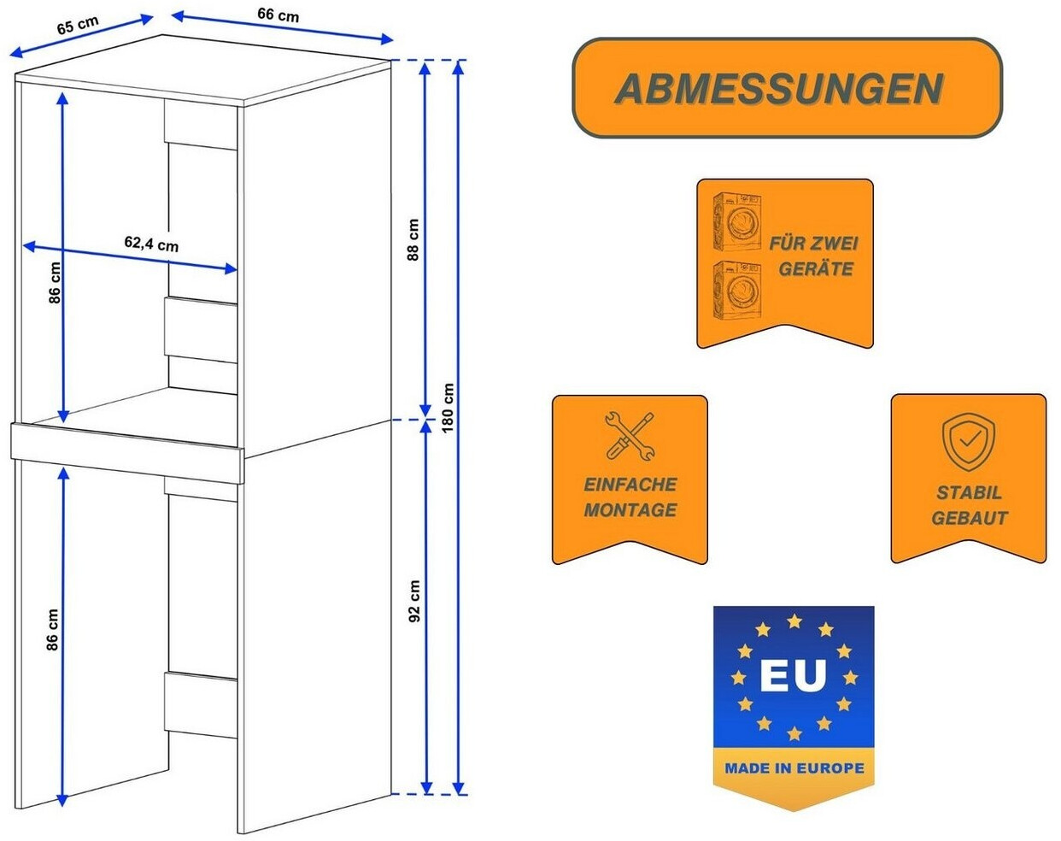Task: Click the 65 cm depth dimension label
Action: click(77, 25)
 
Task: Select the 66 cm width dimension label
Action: click(278, 15)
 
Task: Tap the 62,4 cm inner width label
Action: click(151, 244)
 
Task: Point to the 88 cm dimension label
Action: click(413, 240)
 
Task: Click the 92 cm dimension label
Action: click(414, 601)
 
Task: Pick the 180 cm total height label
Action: click(448, 408)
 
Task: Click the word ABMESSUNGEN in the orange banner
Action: click(778, 89)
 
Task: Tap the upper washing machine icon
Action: click(737, 221)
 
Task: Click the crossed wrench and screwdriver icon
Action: click(630, 436)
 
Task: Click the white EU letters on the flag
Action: click(794, 675)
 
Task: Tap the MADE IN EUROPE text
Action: click(794, 768)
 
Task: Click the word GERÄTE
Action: click(815, 269)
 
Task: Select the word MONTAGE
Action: click(630, 510)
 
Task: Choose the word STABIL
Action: click(969, 492)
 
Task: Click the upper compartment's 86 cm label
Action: click(56, 283)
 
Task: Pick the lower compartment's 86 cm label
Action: click(53, 631)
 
